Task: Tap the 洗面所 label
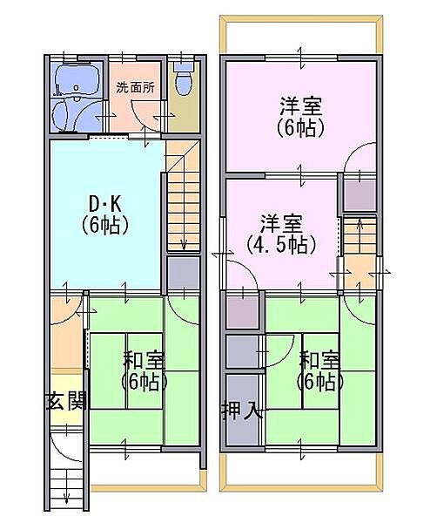[135, 88]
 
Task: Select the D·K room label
[104, 204]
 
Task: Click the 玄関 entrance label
[67, 400]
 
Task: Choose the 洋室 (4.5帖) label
[281, 234]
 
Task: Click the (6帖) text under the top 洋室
[300, 127]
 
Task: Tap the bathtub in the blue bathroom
[77, 81]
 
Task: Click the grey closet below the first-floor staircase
[183, 273]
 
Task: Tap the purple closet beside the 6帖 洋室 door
[359, 195]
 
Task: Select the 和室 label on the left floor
[144, 360]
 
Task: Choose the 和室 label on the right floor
[319, 360]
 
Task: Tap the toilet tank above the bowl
[184, 66]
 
